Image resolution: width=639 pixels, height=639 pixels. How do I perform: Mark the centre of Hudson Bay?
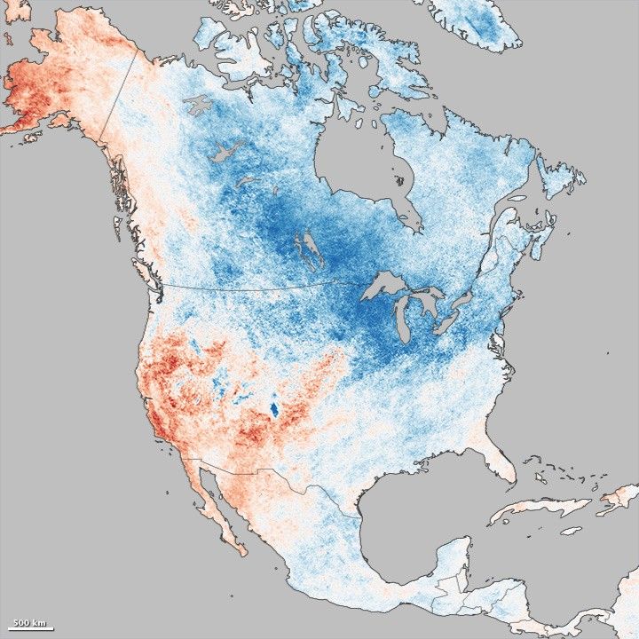pos(355,164)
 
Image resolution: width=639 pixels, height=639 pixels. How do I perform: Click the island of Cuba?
pos(541,509)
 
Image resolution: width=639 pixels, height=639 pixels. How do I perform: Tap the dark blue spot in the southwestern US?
pos(273,409)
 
